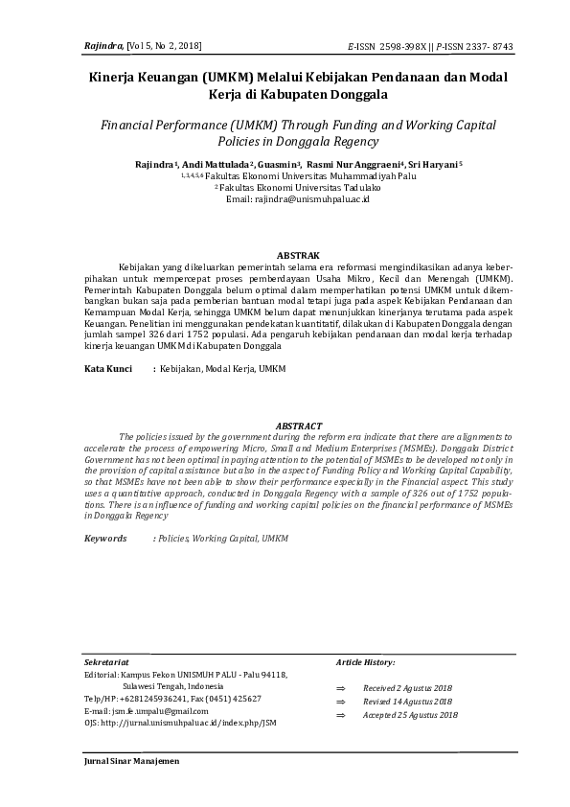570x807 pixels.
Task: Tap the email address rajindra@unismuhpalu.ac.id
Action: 285,198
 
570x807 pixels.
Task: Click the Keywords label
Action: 105,539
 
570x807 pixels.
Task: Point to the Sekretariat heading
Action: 106,662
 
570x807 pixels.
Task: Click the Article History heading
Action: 366,662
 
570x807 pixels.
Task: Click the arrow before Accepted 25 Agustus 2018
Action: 340,716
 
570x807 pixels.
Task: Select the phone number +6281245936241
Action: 157,699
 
